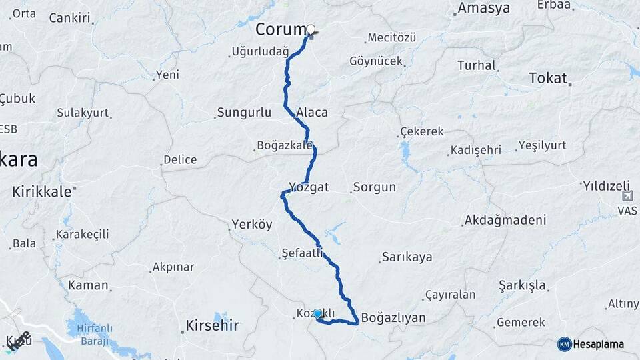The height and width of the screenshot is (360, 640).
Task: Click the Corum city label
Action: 281,30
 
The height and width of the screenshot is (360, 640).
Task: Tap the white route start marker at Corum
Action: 310,29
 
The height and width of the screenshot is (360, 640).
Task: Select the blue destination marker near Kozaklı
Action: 318,313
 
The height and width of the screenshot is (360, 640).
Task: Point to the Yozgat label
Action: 309,187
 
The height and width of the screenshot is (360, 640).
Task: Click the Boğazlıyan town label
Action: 393,317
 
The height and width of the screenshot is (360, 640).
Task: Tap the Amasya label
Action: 483,9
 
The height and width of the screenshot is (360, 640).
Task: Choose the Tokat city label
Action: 547,78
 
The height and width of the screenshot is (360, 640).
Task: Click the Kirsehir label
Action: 212,326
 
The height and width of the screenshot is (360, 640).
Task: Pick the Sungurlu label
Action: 244,113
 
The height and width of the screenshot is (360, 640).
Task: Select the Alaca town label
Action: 312,112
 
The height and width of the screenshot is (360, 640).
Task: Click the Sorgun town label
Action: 375,187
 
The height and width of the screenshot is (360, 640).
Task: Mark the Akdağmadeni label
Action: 505,219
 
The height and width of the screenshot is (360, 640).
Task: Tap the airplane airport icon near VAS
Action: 627,196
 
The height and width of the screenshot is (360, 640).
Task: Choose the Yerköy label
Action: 252,225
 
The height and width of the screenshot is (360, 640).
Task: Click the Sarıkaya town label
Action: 407,257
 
